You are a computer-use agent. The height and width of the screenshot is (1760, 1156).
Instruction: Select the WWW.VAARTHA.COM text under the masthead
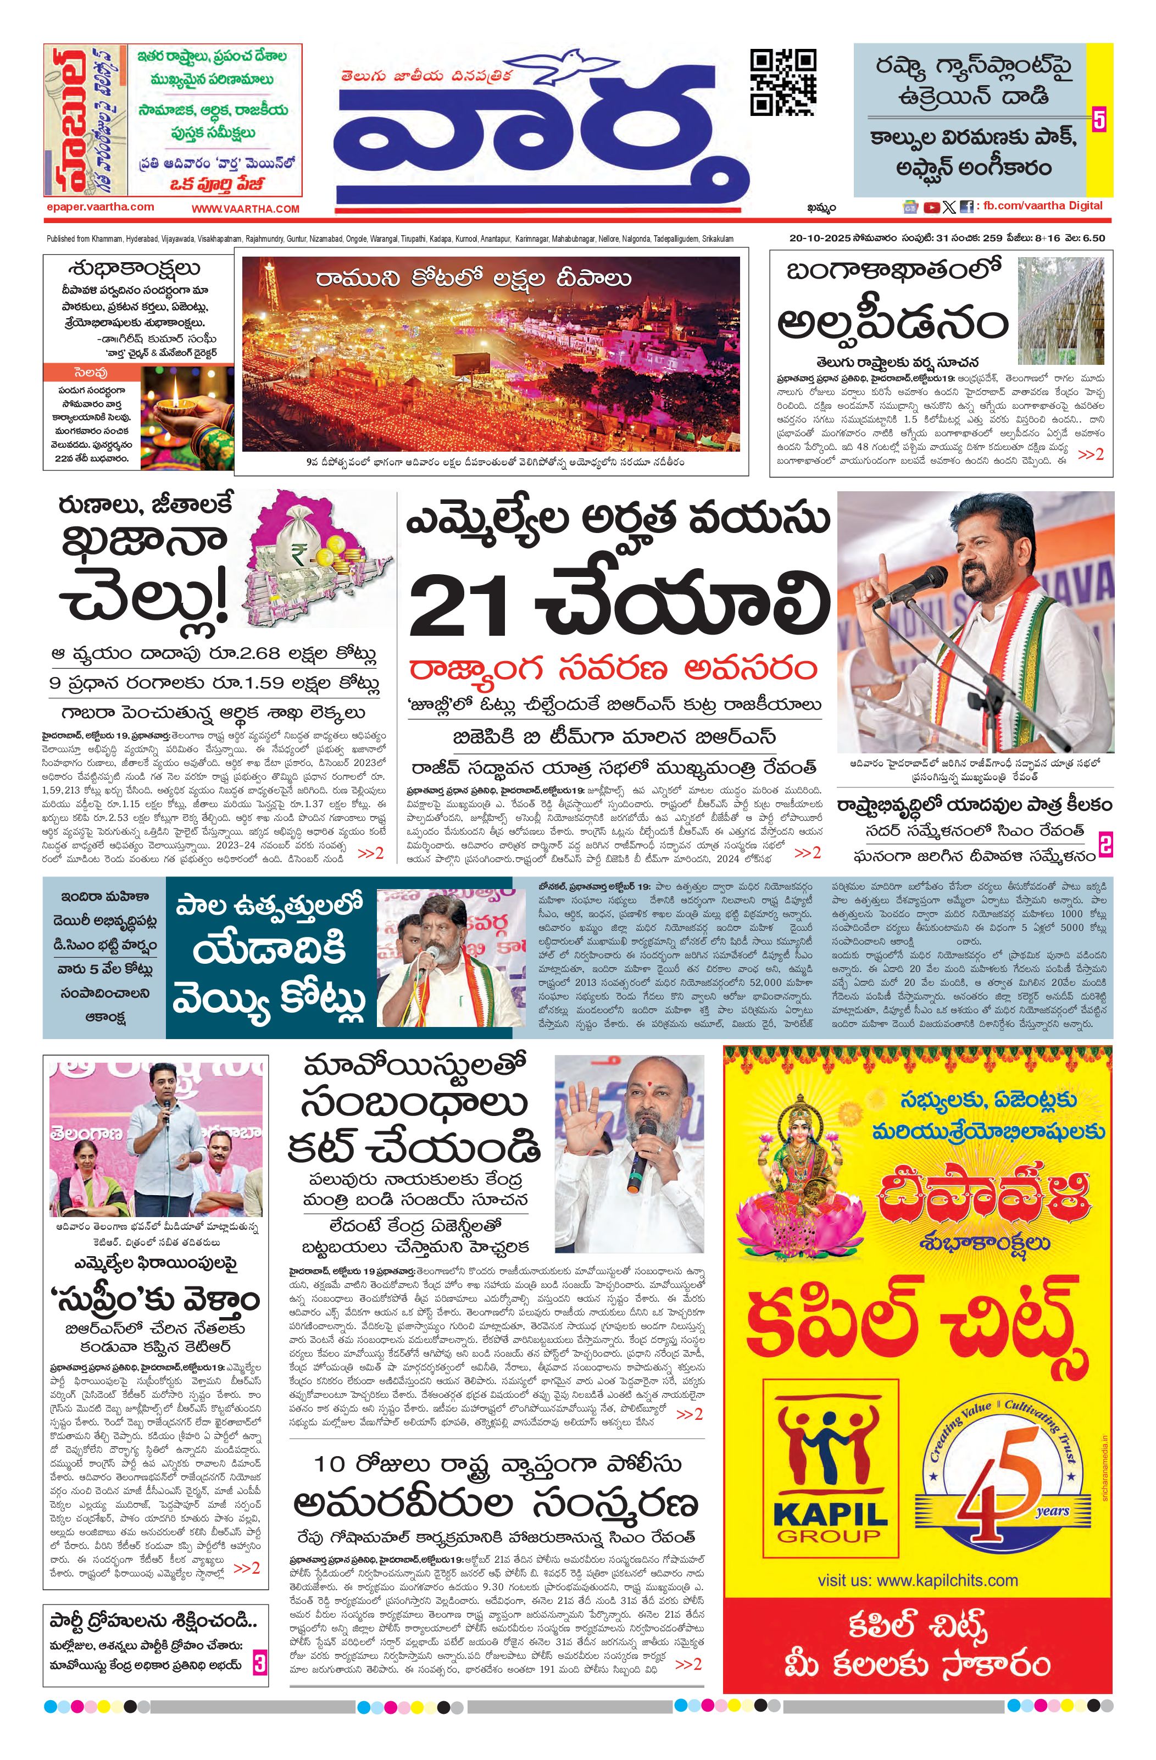pos(246,209)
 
